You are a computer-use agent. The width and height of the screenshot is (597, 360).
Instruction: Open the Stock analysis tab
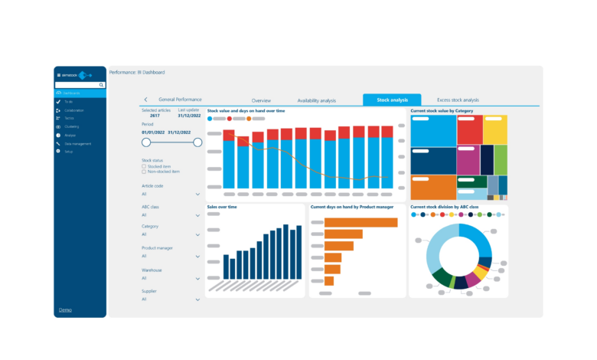pyautogui.click(x=392, y=100)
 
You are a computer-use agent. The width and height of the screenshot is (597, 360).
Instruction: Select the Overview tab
pyautogui.click(x=261, y=100)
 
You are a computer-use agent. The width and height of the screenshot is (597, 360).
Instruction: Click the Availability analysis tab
pyautogui.click(x=316, y=100)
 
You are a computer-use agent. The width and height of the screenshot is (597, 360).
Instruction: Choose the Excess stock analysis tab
pyautogui.click(x=458, y=100)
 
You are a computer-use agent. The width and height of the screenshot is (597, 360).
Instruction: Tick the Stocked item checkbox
pyautogui.click(x=144, y=165)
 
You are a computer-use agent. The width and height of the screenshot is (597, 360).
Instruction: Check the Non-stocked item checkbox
pyautogui.click(x=144, y=172)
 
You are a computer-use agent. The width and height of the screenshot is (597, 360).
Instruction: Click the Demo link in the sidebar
pyautogui.click(x=66, y=309)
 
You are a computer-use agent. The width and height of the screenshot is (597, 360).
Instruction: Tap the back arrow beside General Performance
pyautogui.click(x=145, y=100)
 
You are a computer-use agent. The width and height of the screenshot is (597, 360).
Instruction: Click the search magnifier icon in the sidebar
pyautogui.click(x=101, y=85)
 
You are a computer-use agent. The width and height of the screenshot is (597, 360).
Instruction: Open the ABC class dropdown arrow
pyautogui.click(x=197, y=215)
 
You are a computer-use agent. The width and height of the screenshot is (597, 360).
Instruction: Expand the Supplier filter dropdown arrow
pyautogui.click(x=197, y=299)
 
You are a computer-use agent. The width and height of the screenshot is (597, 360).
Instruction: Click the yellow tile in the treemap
pyautogui.click(x=495, y=130)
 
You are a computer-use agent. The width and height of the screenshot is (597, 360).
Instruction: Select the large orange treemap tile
pyautogui.click(x=433, y=188)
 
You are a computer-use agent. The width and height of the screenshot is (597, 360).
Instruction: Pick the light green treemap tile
pyautogui.click(x=501, y=160)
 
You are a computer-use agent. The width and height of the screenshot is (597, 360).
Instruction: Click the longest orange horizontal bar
pyautogui.click(x=360, y=222)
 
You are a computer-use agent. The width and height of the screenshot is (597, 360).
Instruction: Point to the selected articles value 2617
pyautogui.click(x=155, y=116)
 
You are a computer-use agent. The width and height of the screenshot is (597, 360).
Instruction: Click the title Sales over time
pyautogui.click(x=222, y=207)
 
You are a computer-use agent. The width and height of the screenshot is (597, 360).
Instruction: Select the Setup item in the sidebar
pyautogui.click(x=69, y=152)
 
